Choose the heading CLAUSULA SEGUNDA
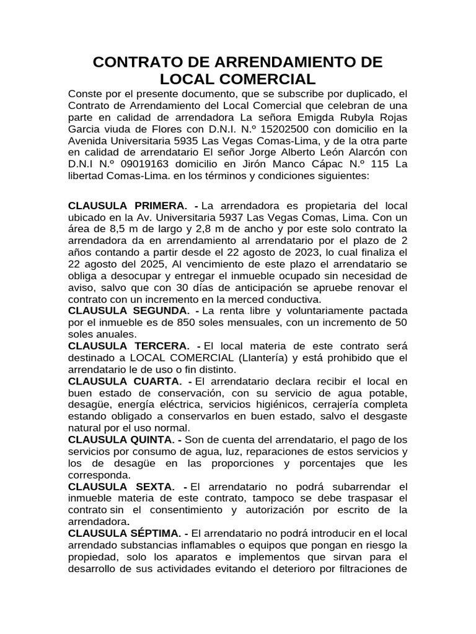[128, 310]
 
